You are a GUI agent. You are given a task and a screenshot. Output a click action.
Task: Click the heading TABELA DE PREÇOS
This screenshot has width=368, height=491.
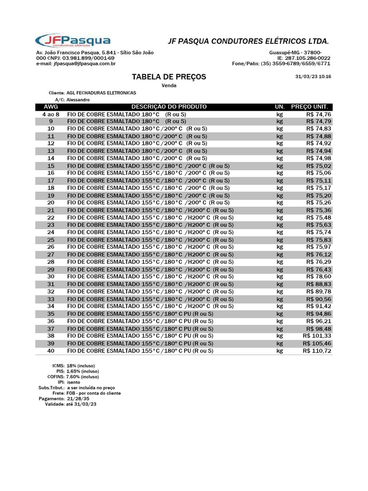pos(169,77)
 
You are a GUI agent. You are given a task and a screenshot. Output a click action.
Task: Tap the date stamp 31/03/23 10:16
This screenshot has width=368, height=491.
pos(313,77)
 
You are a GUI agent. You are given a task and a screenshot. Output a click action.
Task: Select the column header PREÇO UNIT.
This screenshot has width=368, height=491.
pos(309,106)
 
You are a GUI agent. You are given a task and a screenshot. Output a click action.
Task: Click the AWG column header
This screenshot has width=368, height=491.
pos(51,106)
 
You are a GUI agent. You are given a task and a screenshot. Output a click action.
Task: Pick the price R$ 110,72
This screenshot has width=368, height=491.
pos(317,351)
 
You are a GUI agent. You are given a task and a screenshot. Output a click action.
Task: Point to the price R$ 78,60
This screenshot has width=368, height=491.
pos(319,277)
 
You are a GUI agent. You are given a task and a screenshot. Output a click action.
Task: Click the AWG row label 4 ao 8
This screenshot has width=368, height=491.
pos(51,115)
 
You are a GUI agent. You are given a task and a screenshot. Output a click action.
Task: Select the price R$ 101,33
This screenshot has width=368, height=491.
pos(317,336)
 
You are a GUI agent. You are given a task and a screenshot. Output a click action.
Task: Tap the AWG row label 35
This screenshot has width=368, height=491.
pos(51,314)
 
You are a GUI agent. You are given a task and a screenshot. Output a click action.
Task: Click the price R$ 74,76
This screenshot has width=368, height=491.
pos(319,115)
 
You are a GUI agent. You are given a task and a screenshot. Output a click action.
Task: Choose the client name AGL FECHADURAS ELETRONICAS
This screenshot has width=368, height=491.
pos(101,93)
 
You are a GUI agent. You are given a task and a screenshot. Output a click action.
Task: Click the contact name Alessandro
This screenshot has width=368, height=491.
pos(78,100)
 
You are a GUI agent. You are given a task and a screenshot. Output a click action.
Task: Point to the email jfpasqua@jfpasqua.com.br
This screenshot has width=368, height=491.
pos(84,63)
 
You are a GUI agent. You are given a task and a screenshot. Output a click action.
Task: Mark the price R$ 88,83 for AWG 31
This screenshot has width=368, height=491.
pos(319,284)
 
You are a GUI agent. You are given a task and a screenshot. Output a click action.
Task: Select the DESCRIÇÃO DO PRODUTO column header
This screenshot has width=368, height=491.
pos(169,106)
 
